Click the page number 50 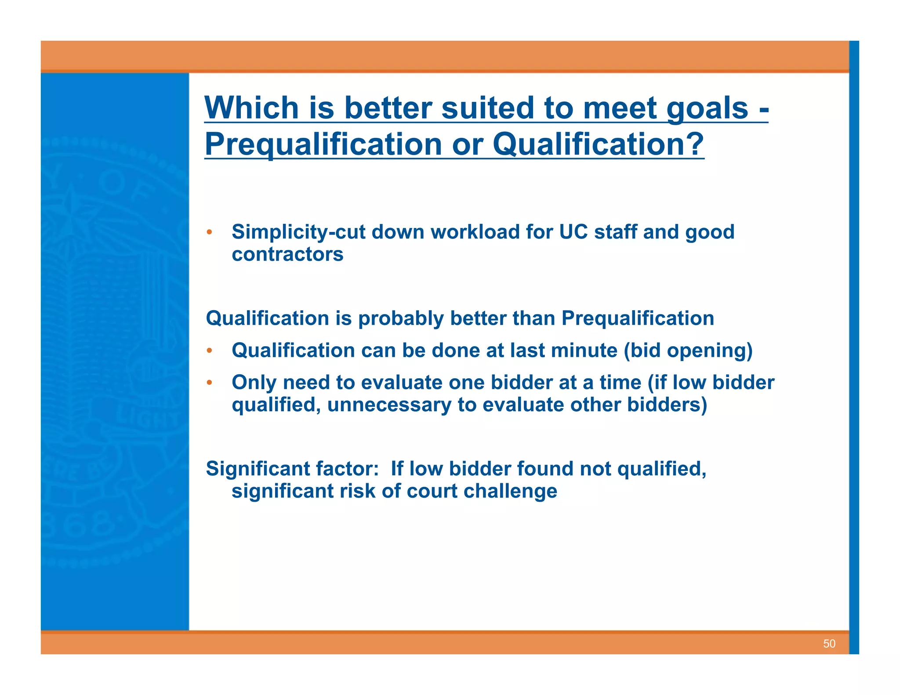[829, 644]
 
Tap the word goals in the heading [707, 109]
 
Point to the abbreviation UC [573, 232]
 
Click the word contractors [287, 254]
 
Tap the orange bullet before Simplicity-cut [210, 232]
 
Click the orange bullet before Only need [210, 383]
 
